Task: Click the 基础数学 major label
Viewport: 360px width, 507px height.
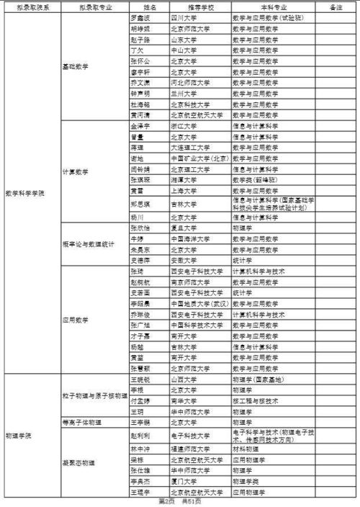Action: coord(76,66)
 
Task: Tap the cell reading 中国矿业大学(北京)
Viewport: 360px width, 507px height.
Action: coord(200,157)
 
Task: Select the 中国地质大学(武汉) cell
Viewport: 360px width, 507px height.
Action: coord(200,304)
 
